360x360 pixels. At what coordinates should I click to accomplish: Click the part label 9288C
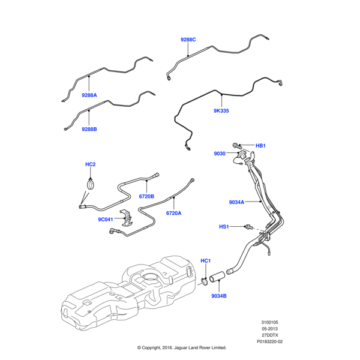(188, 40)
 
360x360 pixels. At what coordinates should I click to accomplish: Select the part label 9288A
(89, 95)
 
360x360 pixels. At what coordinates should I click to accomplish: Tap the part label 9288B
(89, 129)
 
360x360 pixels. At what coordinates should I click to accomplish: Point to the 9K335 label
(221, 111)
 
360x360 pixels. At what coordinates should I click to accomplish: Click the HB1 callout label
(260, 146)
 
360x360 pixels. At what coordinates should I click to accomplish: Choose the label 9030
(220, 154)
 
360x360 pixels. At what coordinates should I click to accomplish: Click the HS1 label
(224, 227)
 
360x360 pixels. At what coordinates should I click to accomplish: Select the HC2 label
(91, 164)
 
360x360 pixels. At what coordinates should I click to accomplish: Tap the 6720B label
(147, 196)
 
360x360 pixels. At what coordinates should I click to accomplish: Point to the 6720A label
(174, 213)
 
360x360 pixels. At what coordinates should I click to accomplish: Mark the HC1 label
(205, 260)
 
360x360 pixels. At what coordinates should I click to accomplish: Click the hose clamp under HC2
(91, 184)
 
